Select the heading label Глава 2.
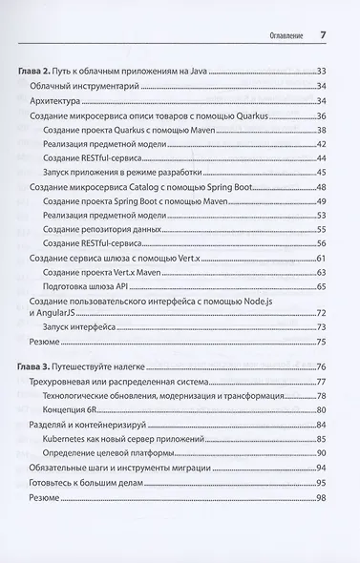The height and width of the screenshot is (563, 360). (38, 72)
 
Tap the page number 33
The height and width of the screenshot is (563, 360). (322, 72)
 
